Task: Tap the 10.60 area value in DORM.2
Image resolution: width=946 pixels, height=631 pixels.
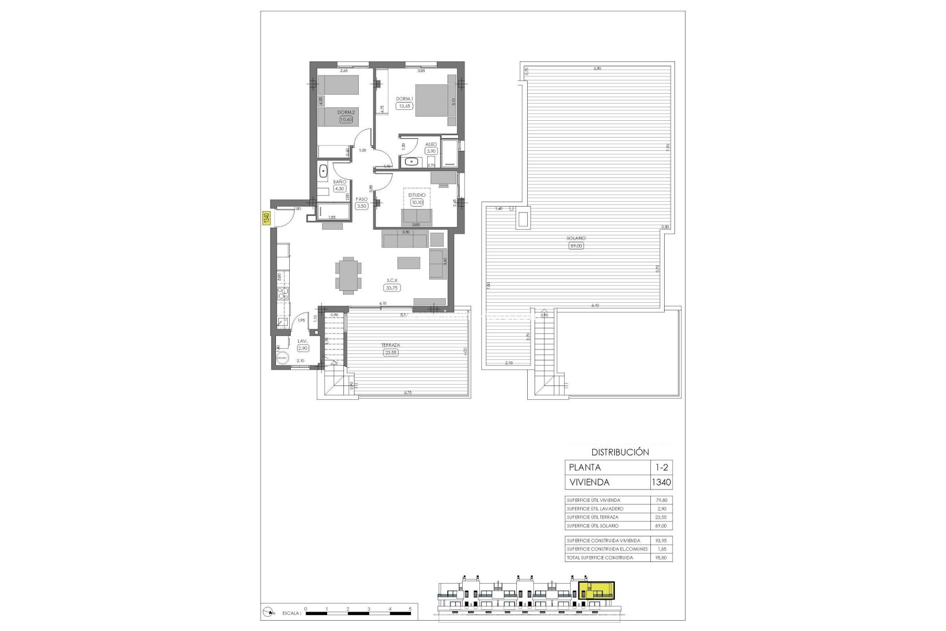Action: pos(346,119)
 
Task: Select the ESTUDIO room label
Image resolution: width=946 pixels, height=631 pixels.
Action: pos(417,195)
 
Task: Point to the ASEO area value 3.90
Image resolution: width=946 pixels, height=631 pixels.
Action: pos(432,151)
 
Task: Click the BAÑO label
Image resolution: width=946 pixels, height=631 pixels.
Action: pos(339,182)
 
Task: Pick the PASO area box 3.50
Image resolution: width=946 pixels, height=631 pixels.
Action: pos(362,206)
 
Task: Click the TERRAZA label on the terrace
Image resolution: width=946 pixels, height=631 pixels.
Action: pos(390,345)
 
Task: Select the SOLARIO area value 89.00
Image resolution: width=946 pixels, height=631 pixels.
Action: pos(576,245)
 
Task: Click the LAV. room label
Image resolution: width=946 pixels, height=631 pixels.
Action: pos(303,341)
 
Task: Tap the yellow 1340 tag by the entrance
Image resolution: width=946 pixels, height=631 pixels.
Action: pos(266,218)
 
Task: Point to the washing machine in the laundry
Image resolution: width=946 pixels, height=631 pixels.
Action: pos(283,357)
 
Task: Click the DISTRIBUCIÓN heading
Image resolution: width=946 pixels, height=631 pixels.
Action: pos(620,452)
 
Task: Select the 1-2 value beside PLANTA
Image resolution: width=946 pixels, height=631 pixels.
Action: pos(661,467)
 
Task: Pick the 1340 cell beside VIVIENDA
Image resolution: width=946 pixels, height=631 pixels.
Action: pos(661,482)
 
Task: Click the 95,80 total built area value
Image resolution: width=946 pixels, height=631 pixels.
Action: pos(661,558)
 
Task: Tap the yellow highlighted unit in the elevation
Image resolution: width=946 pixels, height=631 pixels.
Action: pos(597,591)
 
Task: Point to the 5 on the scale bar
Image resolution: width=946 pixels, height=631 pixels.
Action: pos(410,609)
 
